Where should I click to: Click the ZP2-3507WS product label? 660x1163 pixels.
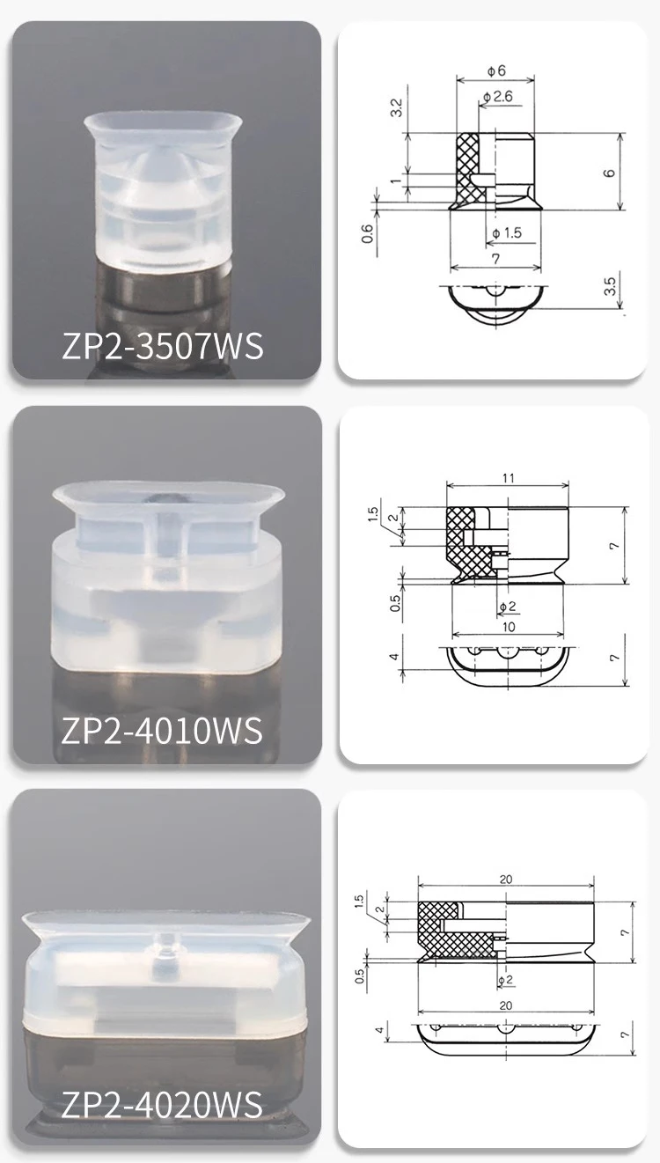(163, 346)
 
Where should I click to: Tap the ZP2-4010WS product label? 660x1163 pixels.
(162, 731)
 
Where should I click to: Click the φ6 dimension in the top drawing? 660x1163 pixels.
(496, 70)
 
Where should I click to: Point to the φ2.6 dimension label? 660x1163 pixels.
(497, 97)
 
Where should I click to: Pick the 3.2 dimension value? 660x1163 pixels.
(396, 108)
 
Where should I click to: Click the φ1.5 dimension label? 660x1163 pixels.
(507, 233)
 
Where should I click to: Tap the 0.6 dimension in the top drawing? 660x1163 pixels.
(367, 233)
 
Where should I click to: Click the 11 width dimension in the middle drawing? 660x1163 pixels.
(509, 478)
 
